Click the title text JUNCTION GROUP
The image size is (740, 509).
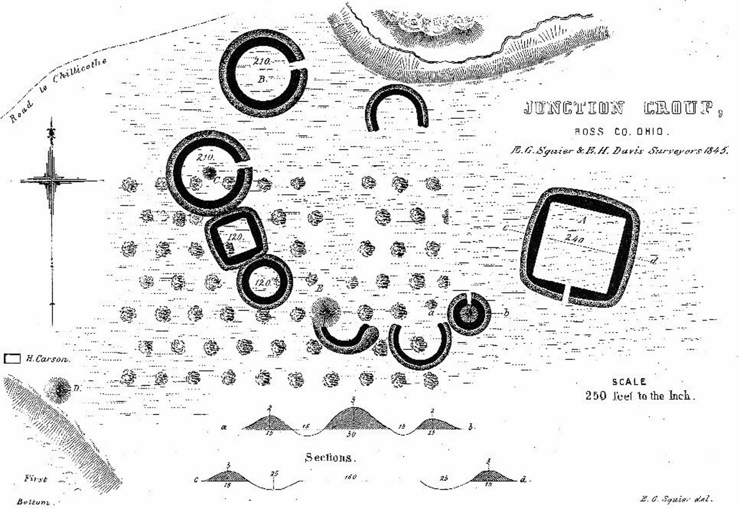pyautogui.click(x=622, y=109)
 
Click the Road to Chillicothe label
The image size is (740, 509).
pyautogui.click(x=58, y=91)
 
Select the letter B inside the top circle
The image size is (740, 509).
pyautogui.click(x=262, y=80)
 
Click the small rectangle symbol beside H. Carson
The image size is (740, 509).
pyautogui.click(x=12, y=359)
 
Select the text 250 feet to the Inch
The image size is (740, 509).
pyautogui.click(x=640, y=396)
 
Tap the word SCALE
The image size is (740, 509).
pyautogui.click(x=629, y=382)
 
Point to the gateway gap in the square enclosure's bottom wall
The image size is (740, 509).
pyautogui.click(x=567, y=294)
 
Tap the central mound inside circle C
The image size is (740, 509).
pyautogui.click(x=210, y=172)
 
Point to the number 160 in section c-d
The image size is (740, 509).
pyautogui.click(x=350, y=477)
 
